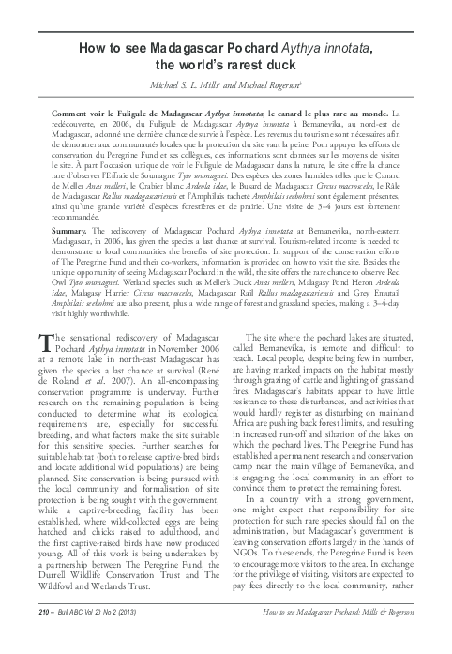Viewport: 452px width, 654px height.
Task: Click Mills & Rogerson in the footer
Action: (x=387, y=637)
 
